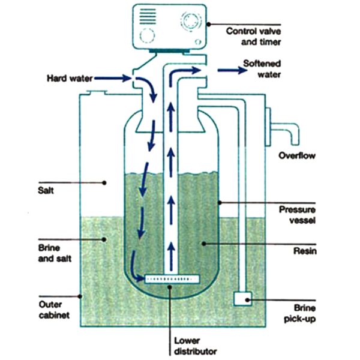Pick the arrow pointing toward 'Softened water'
(231, 70)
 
